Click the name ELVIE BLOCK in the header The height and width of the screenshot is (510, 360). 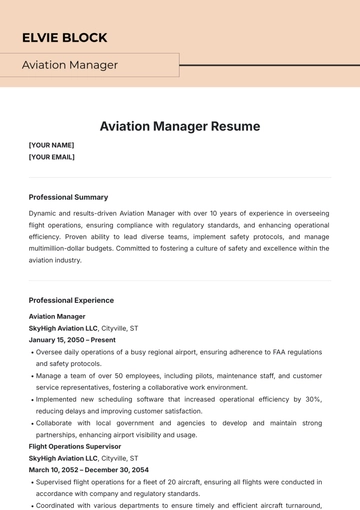[x=65, y=37]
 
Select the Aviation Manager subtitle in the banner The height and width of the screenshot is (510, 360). [x=70, y=65]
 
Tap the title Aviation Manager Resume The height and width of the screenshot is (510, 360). [x=180, y=126]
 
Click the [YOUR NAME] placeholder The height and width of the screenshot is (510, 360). [x=52, y=145]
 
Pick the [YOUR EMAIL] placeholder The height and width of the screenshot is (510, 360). [x=52, y=157]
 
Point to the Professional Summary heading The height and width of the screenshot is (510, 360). [x=68, y=197]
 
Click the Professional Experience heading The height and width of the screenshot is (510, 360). [x=71, y=300]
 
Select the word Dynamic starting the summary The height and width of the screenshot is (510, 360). [x=43, y=213]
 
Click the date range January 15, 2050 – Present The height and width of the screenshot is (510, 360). [x=72, y=340]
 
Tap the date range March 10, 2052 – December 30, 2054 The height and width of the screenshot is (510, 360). [x=88, y=469]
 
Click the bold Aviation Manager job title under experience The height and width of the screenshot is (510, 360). [x=57, y=316]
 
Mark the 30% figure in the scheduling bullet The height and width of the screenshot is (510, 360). [x=313, y=399]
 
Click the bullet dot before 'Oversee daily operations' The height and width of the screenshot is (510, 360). [x=31, y=352]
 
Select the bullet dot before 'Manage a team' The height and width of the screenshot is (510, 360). [x=31, y=376]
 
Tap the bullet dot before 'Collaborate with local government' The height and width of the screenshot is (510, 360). [x=31, y=423]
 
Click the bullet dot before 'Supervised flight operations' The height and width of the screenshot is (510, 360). [x=31, y=482]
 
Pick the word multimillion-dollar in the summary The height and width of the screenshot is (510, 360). [x=62, y=248]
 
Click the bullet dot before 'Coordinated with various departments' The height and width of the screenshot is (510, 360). [x=31, y=505]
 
